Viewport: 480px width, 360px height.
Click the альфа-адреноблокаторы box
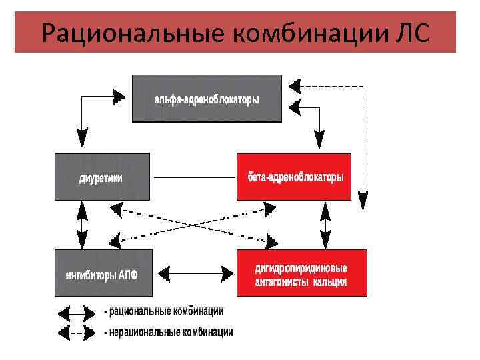click(207, 99)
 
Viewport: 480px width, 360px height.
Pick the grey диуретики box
click(102, 177)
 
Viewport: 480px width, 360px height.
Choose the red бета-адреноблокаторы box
click(293, 177)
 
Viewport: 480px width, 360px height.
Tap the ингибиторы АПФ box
click(102, 273)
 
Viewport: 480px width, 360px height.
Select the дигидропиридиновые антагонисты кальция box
click(301, 273)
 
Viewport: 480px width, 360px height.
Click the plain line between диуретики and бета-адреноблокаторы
click(193, 177)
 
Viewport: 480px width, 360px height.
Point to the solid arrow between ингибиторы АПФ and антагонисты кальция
click(194, 273)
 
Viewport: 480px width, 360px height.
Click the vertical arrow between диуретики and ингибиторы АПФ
click(83, 225)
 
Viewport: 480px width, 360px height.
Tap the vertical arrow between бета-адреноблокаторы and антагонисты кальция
click(325, 225)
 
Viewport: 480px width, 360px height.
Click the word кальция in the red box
click(329, 282)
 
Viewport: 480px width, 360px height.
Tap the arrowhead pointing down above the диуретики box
click(83, 141)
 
